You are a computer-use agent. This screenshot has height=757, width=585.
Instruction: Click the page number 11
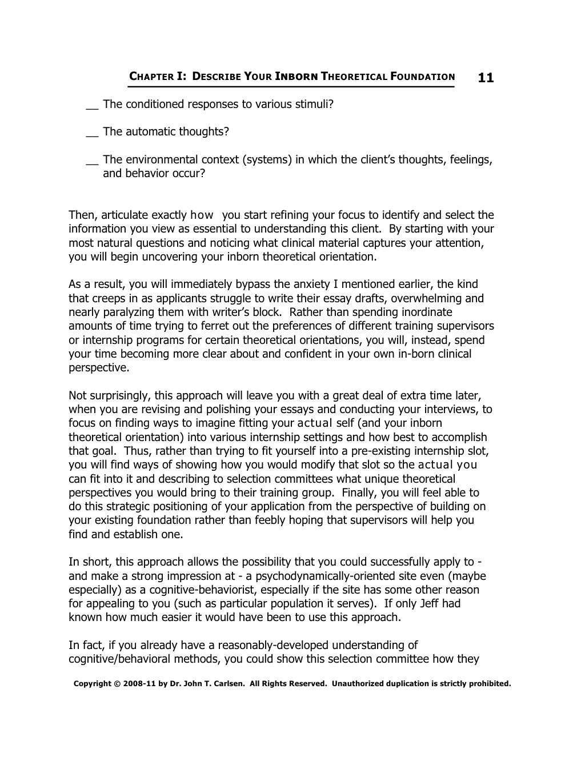tap(485, 77)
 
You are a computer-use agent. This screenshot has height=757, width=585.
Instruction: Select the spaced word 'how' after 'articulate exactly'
tap(202, 215)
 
